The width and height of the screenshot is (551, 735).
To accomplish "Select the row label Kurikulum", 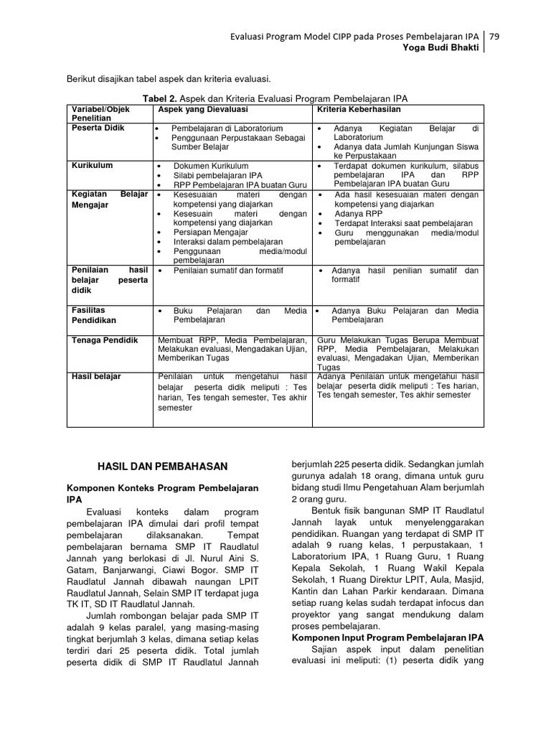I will (92, 165).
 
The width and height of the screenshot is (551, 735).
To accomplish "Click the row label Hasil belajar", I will (96, 376).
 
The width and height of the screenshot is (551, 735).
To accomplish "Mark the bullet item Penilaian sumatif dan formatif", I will (228, 271).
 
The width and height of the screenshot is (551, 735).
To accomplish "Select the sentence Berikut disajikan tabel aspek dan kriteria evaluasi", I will (169, 78).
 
